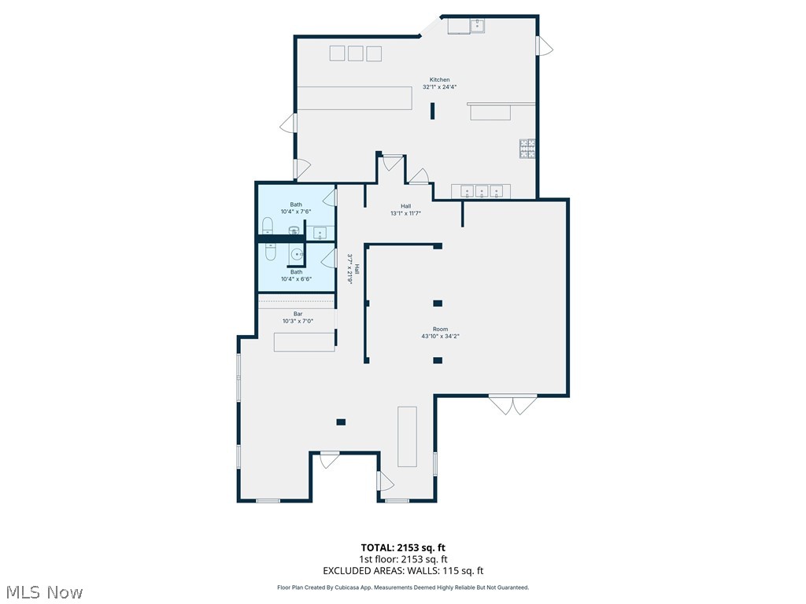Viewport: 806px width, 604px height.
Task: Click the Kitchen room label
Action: [x=439, y=79]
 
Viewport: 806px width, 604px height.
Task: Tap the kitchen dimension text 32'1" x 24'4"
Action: [x=439, y=87]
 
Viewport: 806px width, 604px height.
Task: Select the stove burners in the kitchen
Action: [x=527, y=149]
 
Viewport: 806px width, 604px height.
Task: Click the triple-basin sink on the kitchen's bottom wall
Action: [x=480, y=191]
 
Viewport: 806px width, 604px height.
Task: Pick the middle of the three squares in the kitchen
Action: [x=355, y=53]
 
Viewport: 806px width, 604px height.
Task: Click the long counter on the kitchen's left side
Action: [x=355, y=98]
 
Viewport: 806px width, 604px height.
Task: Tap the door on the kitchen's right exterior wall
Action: [x=540, y=46]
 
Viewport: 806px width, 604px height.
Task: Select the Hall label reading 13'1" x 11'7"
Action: [x=405, y=210]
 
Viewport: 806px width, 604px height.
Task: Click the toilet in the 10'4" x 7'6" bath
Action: [x=268, y=227]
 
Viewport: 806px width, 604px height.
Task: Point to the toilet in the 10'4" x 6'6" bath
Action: [x=270, y=252]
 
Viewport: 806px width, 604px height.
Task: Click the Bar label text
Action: [x=298, y=314]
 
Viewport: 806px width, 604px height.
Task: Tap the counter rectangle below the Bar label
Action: [x=304, y=342]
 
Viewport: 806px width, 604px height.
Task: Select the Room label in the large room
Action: [x=440, y=329]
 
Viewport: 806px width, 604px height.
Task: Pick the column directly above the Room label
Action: [x=438, y=303]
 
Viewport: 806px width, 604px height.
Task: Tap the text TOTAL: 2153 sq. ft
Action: [x=403, y=547]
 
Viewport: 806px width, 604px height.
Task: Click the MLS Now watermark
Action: [x=43, y=591]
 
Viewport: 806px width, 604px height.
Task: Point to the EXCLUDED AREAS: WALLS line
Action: [x=403, y=571]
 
